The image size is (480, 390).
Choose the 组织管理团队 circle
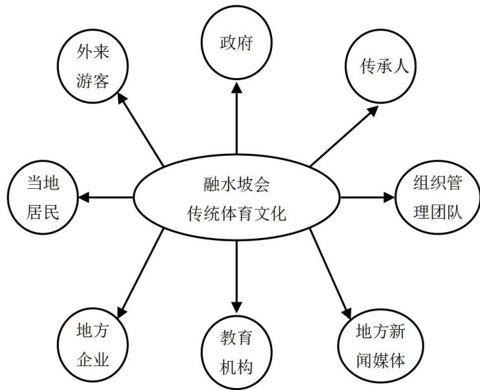(x=437, y=197)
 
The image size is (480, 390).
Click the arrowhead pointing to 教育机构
(x=236, y=306)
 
